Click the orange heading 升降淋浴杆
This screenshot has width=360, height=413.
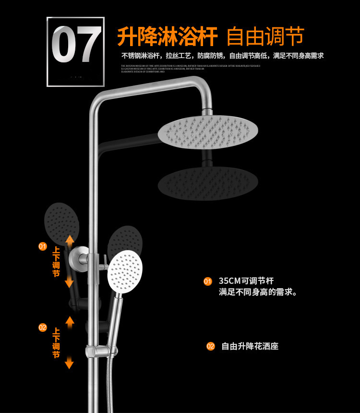click(167, 36)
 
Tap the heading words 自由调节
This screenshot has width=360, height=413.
click(265, 36)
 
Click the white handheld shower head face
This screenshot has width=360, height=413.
click(125, 271)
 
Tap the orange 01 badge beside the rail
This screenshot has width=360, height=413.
click(43, 246)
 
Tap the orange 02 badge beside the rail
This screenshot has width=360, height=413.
click(43, 328)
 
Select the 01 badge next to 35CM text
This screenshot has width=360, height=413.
click(208, 281)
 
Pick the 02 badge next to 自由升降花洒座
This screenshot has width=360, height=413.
click(211, 346)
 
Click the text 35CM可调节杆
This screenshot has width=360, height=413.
click(246, 281)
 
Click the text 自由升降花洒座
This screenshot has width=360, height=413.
click(250, 346)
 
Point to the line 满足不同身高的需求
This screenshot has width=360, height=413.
click(258, 292)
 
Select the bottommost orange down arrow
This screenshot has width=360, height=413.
click(69, 363)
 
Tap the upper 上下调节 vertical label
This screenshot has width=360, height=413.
click(56, 262)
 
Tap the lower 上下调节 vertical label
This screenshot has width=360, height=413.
click(56, 343)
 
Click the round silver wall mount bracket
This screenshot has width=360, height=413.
click(79, 259)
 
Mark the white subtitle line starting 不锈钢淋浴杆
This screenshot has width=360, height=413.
click(222, 56)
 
